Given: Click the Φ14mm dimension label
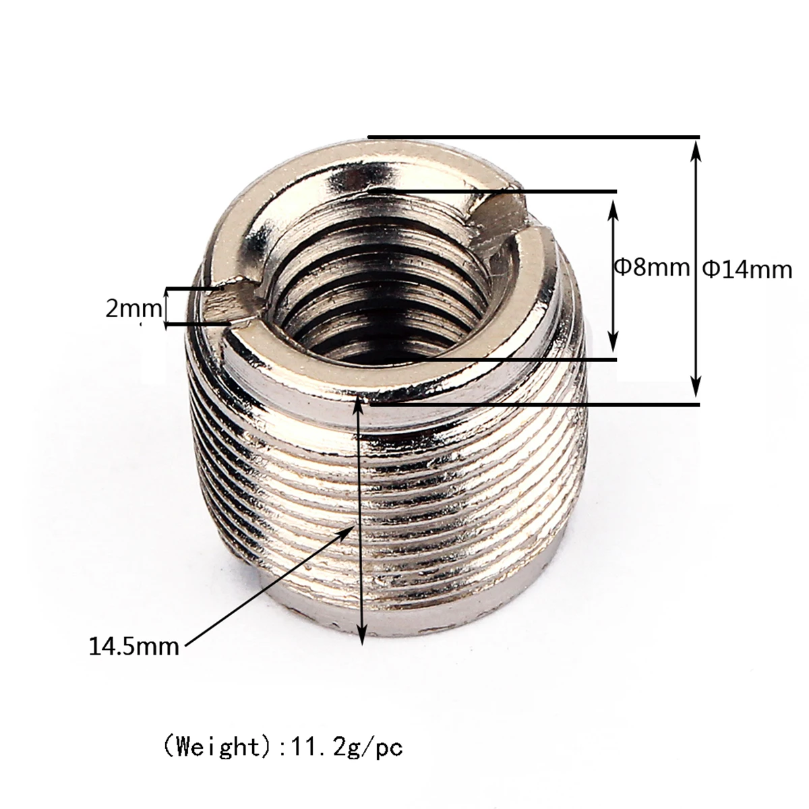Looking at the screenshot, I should (747, 269).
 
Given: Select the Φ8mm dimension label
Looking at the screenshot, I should (651, 267).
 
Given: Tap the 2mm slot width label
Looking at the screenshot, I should (133, 308).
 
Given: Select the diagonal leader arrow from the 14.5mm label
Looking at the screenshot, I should (270, 586).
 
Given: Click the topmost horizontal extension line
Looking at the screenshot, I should (533, 138).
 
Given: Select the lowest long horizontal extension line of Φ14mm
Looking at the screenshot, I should (533, 404).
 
